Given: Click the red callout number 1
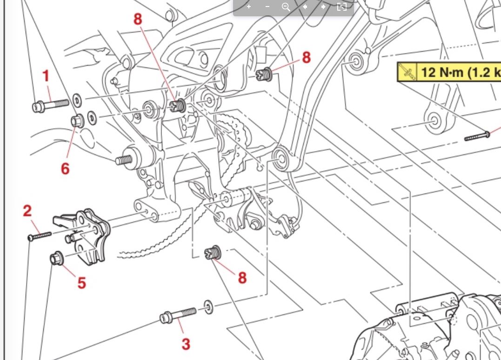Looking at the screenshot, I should (46, 76).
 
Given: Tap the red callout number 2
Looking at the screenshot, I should (27, 211).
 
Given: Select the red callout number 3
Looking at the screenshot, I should (186, 344).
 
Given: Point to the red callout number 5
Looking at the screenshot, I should (82, 282).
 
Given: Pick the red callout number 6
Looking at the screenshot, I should (65, 168).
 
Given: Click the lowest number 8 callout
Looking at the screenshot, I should (242, 278).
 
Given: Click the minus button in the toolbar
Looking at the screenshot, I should (267, 7).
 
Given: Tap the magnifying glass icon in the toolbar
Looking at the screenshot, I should (286, 7).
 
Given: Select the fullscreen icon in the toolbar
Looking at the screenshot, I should (341, 7).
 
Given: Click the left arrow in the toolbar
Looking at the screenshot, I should (305, 7).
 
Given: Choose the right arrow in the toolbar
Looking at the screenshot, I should (323, 7).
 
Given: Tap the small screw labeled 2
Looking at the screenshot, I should (40, 236).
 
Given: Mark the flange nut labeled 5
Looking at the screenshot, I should (57, 257).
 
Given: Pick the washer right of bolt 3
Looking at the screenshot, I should (208, 307).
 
